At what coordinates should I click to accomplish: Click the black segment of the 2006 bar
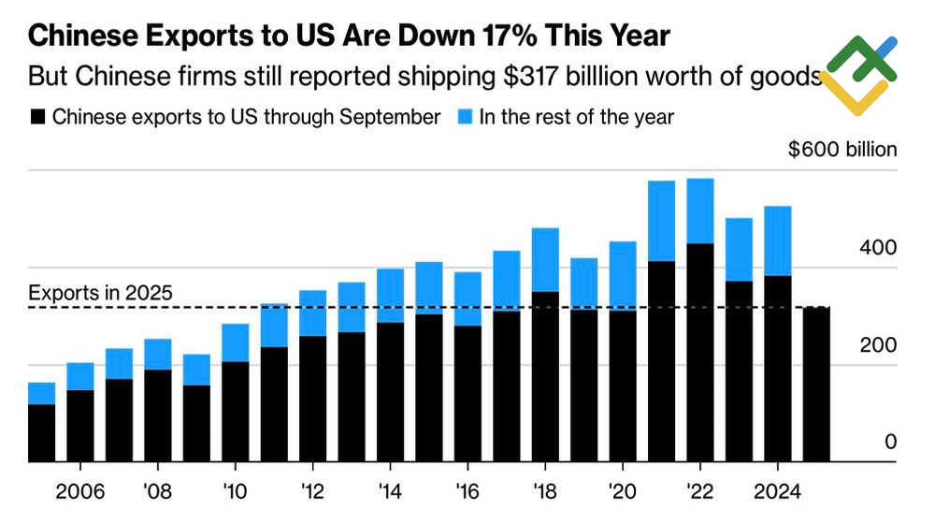coord(79,426)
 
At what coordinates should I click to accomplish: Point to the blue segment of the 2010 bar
coord(235,342)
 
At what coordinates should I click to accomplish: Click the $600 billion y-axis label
coord(841,150)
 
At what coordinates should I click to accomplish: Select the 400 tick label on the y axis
coord(880,248)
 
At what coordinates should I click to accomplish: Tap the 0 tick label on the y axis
coord(891,442)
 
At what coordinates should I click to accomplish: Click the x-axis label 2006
coord(79,489)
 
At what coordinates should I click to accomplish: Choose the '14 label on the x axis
coord(390,489)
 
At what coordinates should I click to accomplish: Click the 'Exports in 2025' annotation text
coord(100,293)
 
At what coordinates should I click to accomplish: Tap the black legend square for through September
coord(37,118)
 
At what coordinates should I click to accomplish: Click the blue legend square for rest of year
coord(465,118)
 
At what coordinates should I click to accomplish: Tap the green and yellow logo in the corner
coord(858,75)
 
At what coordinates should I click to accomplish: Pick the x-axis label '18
coord(545,489)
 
